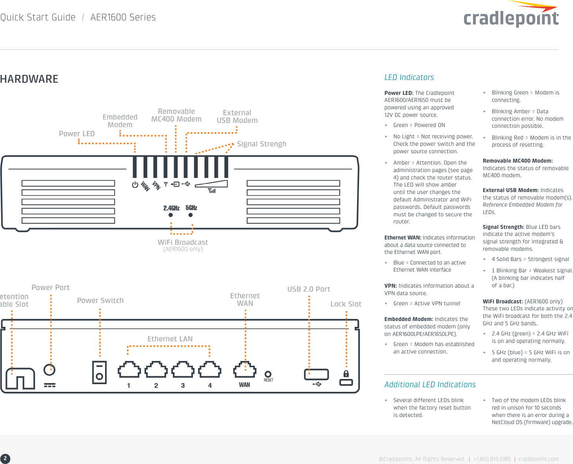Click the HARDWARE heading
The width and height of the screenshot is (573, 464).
click(29, 79)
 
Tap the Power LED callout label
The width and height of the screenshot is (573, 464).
click(76, 134)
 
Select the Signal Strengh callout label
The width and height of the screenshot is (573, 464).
click(261, 144)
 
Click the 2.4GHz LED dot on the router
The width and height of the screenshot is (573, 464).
click(170, 215)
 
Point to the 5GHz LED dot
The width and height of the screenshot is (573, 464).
click(190, 215)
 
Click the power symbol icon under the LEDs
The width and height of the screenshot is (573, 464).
click(135, 185)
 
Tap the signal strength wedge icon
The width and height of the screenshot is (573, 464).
click(212, 184)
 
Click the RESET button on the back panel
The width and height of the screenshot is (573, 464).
click(268, 374)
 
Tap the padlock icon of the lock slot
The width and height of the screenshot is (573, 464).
click(346, 373)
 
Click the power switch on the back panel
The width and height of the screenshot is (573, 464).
click(99, 372)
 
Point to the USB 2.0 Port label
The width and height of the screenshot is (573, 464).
click(308, 289)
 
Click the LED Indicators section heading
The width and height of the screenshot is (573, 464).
click(409, 77)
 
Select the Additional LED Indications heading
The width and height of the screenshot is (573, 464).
click(430, 384)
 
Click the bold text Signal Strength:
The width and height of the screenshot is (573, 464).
click(503, 227)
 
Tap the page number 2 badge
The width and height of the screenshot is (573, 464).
click(5, 458)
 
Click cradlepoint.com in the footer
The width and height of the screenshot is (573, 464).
click(538, 459)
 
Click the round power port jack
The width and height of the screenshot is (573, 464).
click(49, 370)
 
